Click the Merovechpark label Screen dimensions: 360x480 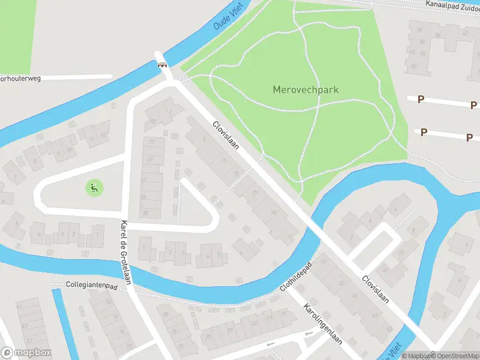305,90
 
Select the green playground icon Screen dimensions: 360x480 94,188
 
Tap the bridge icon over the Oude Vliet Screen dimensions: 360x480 163,64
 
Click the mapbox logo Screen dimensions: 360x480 26,353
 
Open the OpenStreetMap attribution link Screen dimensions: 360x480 454,356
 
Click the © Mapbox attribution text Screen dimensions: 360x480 415,356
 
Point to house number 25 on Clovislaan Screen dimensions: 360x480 274,212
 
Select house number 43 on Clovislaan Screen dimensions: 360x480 355,295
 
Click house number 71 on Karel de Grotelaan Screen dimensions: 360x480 151,142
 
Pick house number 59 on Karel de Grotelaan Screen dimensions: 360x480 143,197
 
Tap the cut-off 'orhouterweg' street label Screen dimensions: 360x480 20,78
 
